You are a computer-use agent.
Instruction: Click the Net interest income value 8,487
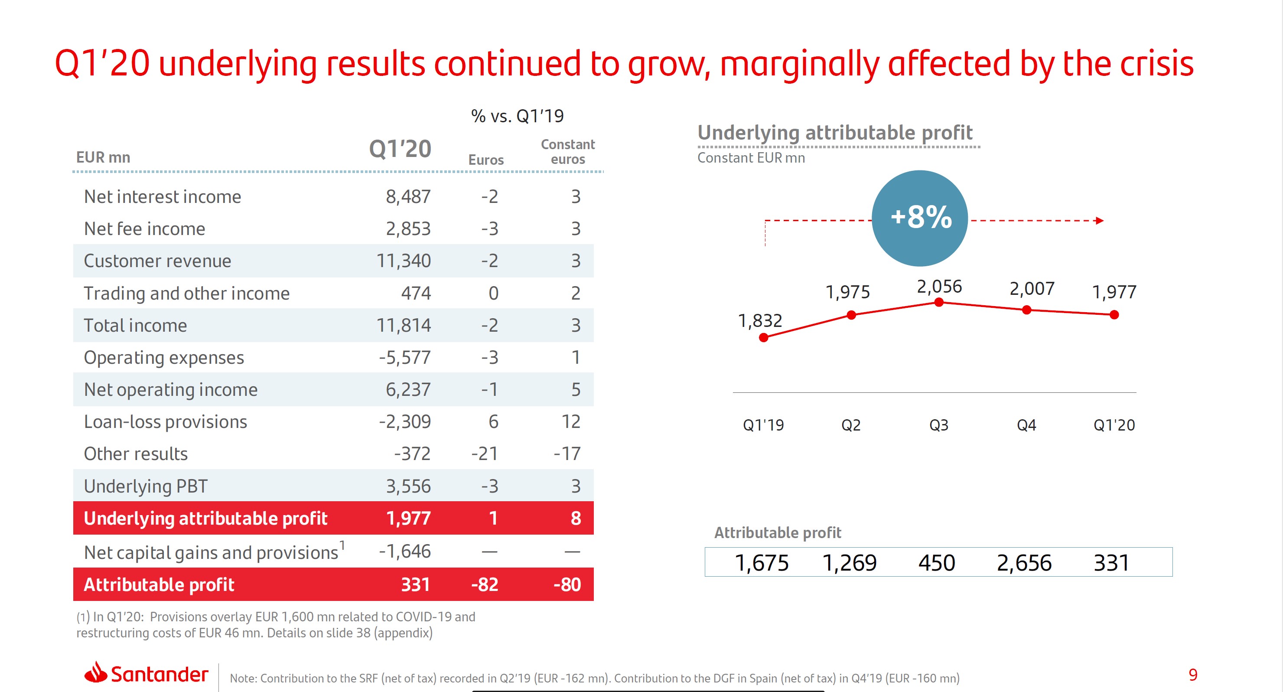click(408, 197)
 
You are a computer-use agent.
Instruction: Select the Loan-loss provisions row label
click(165, 422)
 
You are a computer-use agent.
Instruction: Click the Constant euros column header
click(568, 152)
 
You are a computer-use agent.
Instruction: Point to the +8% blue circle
click(920, 218)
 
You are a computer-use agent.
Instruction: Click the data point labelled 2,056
click(939, 302)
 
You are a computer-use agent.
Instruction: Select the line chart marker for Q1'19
click(764, 338)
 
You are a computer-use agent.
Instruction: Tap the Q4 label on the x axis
click(1026, 425)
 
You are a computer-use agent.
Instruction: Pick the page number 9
click(1193, 675)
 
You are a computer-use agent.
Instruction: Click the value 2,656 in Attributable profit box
click(1024, 563)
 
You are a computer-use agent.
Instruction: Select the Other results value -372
click(412, 454)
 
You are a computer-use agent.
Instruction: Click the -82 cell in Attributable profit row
click(485, 584)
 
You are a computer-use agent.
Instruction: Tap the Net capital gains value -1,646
click(404, 552)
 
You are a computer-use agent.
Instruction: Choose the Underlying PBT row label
click(146, 486)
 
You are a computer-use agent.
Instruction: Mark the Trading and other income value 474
click(416, 294)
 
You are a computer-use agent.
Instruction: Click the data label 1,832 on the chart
click(759, 320)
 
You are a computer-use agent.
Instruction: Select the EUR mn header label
click(103, 157)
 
